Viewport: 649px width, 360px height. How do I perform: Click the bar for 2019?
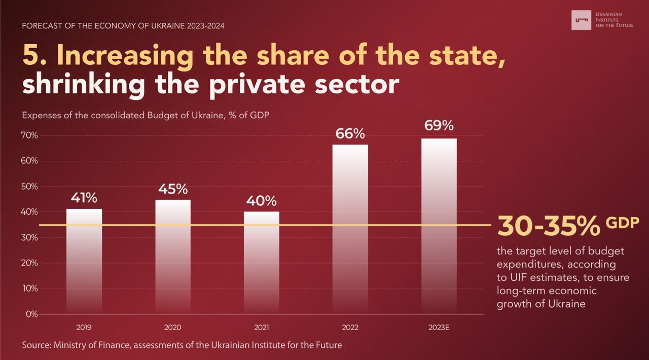pos(84,261)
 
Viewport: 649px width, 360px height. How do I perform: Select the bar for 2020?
pos(173,257)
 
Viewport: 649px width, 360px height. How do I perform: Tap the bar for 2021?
pos(262,263)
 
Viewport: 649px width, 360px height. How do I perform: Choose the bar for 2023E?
pos(439,226)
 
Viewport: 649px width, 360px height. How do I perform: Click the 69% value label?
pos(439,126)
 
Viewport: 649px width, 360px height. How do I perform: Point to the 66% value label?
pos(350,134)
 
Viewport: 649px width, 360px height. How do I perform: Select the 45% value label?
pos(173,189)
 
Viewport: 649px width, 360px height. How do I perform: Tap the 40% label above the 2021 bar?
pos(262,201)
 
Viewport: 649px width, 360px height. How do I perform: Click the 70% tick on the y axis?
pos(29,135)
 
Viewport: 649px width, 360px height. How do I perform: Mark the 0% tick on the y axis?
pos(31,314)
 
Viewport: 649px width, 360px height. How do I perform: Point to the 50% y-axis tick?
pos(29,187)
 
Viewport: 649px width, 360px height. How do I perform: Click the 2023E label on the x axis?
pos(439,328)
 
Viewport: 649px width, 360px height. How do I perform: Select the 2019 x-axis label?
pos(84,328)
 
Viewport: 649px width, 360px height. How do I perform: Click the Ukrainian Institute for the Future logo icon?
pos(582,20)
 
